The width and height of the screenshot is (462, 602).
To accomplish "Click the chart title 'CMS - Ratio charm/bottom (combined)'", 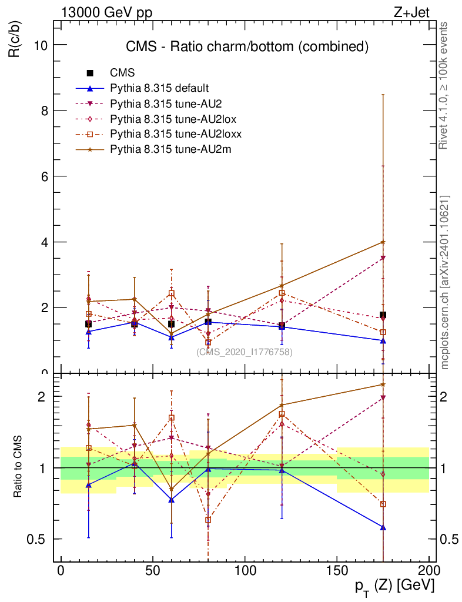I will click(x=247, y=46).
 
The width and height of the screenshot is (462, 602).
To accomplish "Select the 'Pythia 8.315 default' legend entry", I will click(x=159, y=88).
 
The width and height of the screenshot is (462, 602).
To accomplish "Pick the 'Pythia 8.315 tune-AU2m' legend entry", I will click(x=171, y=149).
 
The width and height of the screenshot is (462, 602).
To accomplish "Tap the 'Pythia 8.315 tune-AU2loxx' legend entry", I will click(x=176, y=134).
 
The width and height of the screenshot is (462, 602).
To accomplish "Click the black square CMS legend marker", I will click(x=90, y=73).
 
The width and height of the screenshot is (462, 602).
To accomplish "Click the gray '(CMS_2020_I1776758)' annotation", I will click(x=245, y=352).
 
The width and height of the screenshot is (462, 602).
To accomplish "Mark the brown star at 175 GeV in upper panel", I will click(x=383, y=242).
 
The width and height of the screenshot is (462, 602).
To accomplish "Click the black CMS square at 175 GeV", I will click(x=383, y=315).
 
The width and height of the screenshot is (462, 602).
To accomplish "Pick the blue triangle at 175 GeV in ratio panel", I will click(x=383, y=527).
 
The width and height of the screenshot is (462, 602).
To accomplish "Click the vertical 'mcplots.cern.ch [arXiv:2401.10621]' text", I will click(x=445, y=282).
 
